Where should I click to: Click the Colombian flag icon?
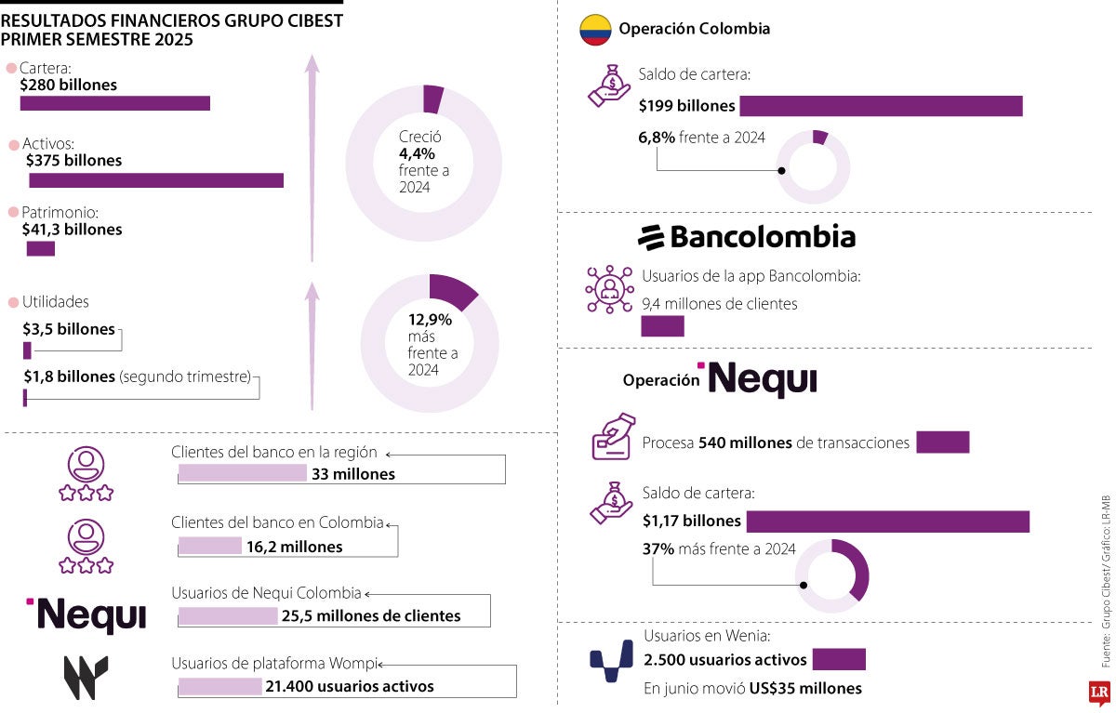[x=595, y=30]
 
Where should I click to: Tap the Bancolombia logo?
[x=747, y=237]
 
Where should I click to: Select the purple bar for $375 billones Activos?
[x=155, y=180]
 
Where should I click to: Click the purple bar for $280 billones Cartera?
[x=115, y=103]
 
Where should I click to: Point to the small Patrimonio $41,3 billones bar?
[x=41, y=248]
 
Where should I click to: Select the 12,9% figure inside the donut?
[x=430, y=320]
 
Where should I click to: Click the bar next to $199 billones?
[x=881, y=106]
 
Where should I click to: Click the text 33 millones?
[x=353, y=474]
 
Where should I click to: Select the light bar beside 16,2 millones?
[x=210, y=547]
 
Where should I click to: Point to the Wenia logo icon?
[x=612, y=661]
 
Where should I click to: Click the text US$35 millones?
[x=805, y=689]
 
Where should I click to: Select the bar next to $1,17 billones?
[x=887, y=522]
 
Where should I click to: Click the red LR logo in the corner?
[x=1099, y=693]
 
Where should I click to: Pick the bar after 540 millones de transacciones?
[x=942, y=442]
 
